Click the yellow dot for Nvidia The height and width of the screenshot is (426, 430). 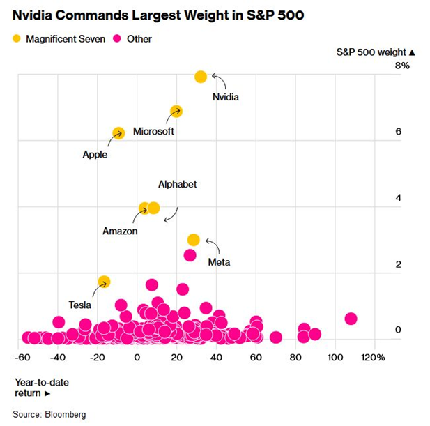pos(201,77)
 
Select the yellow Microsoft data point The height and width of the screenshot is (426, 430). pos(176,112)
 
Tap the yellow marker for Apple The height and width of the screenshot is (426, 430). pos(118,133)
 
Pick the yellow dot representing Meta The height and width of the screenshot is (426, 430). pos(194,240)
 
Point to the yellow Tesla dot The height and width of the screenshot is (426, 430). pos(104,282)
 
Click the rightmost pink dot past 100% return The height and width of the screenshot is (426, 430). pos(351,319)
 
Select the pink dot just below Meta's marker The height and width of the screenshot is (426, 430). pos(190,255)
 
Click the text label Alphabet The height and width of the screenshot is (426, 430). pos(177,184)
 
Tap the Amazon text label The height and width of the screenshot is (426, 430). pos(120,231)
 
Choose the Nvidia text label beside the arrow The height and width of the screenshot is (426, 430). pos(225,97)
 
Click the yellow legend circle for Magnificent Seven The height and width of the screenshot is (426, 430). pos(16,39)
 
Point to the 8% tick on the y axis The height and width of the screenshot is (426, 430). pos(402,66)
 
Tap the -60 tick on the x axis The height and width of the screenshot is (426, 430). pos(22,357)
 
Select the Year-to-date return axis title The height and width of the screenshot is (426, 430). pos(42,387)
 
